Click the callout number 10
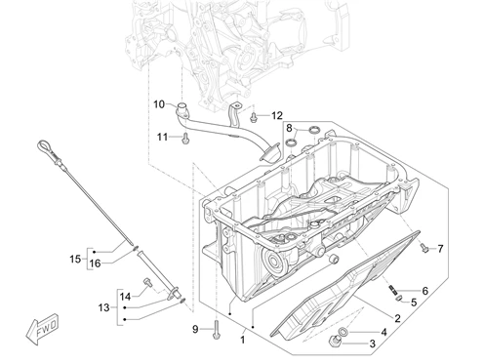[159, 104]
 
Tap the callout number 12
[277, 115]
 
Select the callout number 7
[440, 249]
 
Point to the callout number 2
[397, 318]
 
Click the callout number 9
[195, 329]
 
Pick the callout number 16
[95, 263]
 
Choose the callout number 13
[103, 307]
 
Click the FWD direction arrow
[42, 329]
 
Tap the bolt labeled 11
[185, 138]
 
